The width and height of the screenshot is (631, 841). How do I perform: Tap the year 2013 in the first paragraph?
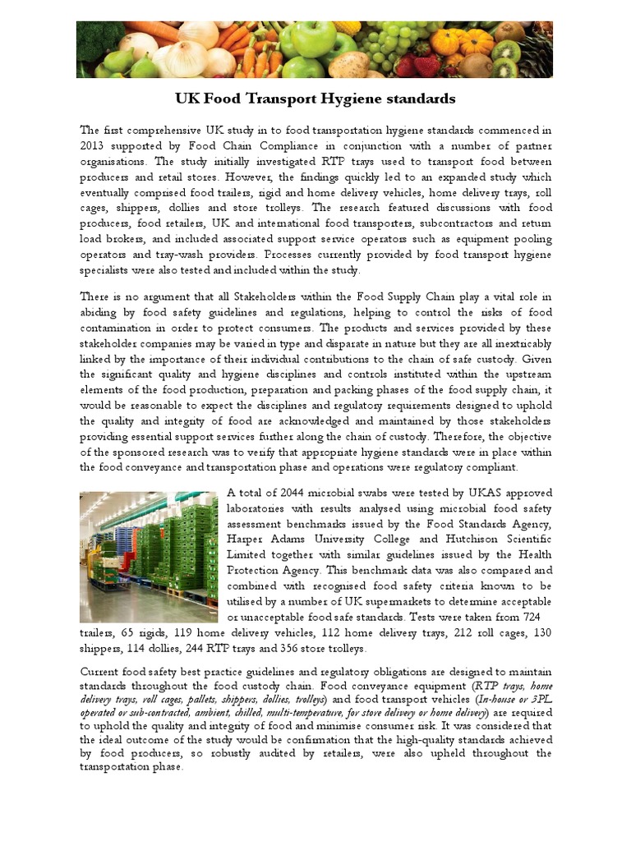94,146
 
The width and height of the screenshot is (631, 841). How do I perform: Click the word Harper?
245,539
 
